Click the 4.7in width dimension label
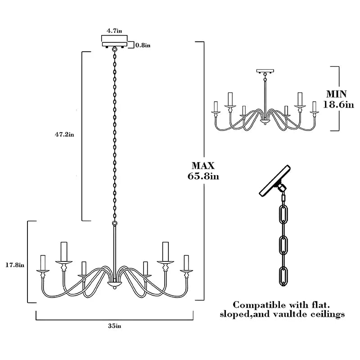(114, 31)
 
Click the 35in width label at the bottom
(114, 326)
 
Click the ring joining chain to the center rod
(114, 223)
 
